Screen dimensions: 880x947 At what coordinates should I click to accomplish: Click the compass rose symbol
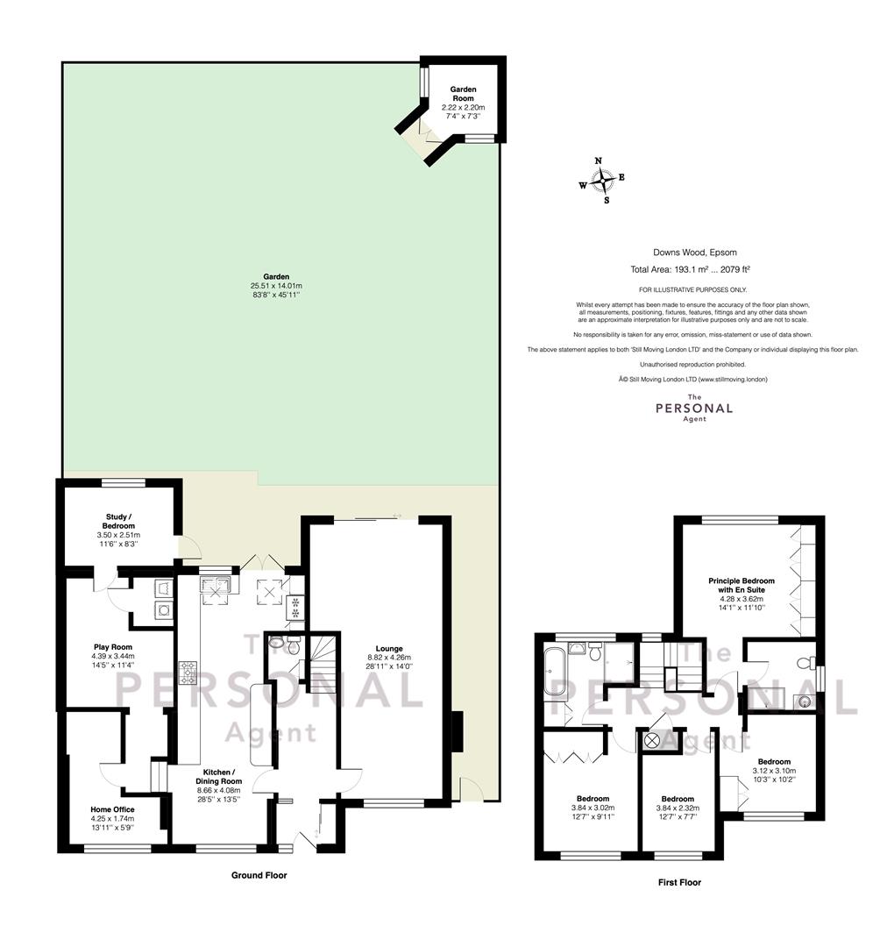tap(601, 180)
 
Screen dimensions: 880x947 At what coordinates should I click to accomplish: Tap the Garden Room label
tap(463, 94)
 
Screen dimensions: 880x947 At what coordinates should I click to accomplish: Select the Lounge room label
tap(388, 649)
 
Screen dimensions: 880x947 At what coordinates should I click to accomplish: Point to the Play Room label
tap(113, 647)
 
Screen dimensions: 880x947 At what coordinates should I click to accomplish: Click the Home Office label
tap(112, 809)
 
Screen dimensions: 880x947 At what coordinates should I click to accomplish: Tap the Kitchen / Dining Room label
tap(218, 777)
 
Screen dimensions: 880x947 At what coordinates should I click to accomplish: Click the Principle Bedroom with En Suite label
tap(742, 585)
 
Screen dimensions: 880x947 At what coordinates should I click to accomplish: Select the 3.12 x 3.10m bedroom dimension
tap(774, 771)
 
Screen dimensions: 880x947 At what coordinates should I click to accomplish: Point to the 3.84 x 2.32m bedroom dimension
tap(678, 808)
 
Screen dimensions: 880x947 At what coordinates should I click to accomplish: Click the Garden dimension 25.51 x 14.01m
tap(276, 286)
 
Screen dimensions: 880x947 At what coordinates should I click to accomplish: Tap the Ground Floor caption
tap(259, 874)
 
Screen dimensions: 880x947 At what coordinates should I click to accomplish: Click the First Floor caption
tap(679, 882)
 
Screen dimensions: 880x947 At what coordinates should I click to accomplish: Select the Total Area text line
tap(690, 270)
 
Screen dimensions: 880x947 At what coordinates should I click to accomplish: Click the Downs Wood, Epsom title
tap(695, 253)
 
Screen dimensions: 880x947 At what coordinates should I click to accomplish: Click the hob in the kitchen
tap(188, 673)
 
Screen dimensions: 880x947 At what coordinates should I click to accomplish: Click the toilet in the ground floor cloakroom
tap(293, 645)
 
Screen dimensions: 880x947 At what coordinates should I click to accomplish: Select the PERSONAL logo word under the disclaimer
tap(694, 409)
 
